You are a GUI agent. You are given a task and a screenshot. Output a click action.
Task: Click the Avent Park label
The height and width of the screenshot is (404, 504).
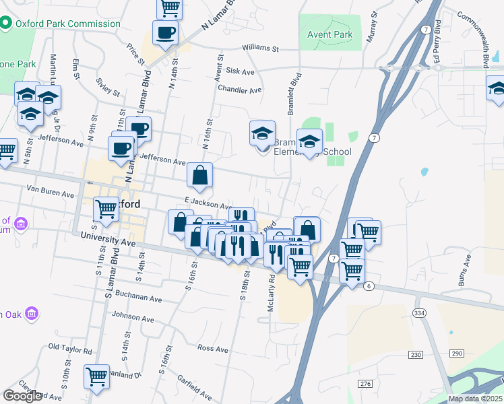tap(329, 34)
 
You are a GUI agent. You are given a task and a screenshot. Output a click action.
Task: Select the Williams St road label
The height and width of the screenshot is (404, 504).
tap(261, 48)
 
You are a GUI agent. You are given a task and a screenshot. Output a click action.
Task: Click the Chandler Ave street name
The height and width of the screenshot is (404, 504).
tap(239, 90)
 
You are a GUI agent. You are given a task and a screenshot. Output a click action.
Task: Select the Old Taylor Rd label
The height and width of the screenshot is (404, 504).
tap(70, 349)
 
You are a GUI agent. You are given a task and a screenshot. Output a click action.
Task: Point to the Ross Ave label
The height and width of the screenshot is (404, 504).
tap(213, 349)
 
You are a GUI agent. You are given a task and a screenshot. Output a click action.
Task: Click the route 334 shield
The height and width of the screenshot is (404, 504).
tap(420, 313)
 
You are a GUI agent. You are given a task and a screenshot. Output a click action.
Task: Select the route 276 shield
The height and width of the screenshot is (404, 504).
tap(366, 383)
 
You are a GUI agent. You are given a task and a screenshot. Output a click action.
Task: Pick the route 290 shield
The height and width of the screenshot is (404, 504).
tap(458, 353)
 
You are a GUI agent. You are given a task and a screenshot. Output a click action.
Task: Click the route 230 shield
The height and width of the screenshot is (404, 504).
tap(415, 354)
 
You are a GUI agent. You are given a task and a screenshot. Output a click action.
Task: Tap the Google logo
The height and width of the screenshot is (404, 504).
tap(22, 396)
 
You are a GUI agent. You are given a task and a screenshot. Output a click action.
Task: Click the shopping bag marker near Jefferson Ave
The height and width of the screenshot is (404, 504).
tap(200, 176)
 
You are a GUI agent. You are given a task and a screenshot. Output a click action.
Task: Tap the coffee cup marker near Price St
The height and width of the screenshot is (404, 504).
tap(165, 32)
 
